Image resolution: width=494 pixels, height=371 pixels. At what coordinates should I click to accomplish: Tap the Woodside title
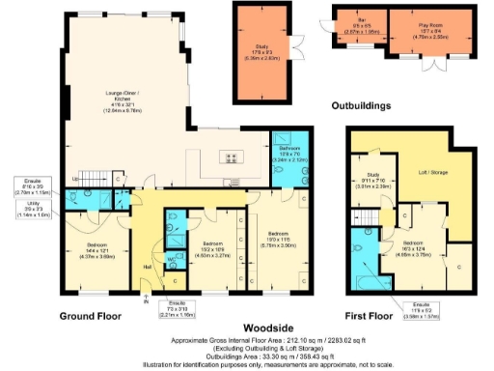[246, 328]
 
